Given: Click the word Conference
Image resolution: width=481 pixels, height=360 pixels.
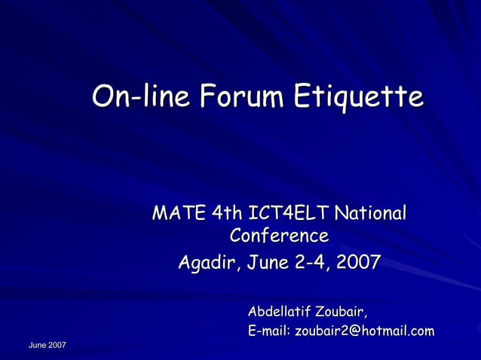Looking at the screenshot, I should click(279, 236).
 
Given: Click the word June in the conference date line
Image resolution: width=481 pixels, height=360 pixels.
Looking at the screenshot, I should click(261, 264).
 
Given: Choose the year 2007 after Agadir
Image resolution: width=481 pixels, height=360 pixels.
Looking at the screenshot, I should click(358, 264).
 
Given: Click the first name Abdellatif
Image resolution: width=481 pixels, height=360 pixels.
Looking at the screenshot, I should click(279, 311).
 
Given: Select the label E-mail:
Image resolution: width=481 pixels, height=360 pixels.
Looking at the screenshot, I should click(269, 331).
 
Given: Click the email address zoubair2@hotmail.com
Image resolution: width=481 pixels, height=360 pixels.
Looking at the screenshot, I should click(364, 331).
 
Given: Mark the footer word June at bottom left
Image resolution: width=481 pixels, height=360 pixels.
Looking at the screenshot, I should click(37, 345).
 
